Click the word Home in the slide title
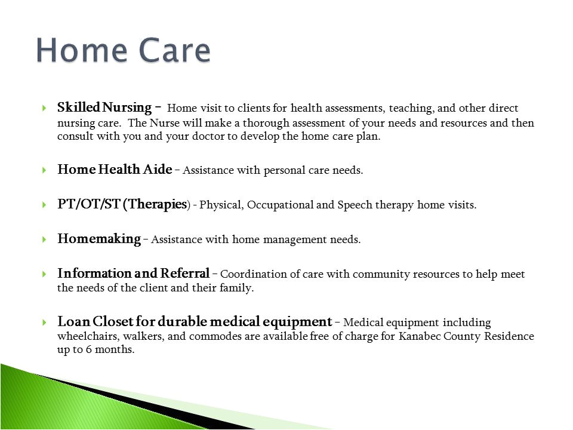(82, 50)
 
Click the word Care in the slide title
(175, 50)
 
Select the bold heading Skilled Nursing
(104, 107)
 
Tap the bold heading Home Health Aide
(115, 169)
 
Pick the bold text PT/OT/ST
(89, 204)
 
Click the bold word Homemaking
(99, 239)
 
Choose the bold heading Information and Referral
(133, 273)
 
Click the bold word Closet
(113, 321)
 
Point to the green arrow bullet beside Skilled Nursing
(44, 108)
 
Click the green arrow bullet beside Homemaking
(44, 239)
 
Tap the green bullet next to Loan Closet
(44, 322)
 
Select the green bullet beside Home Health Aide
(44, 170)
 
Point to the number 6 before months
(89, 349)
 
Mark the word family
(236, 288)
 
